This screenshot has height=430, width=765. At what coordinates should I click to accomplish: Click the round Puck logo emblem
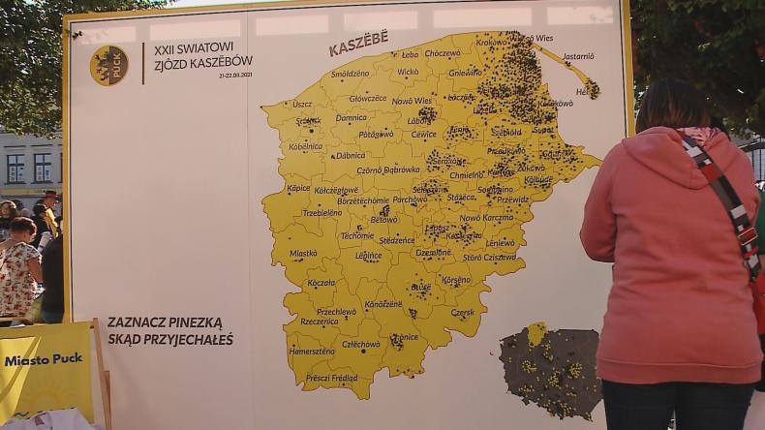coord(108,65)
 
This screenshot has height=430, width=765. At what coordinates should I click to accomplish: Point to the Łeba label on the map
coord(410,54)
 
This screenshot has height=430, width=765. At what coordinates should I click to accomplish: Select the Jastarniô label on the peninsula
coord(578,56)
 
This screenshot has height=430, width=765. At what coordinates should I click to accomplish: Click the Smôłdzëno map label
coord(350,73)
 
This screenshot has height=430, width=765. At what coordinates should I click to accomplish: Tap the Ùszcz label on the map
coord(302,104)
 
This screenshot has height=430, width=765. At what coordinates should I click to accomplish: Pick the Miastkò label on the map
coord(303,253)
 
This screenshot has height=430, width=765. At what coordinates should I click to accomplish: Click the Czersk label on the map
coord(463,313)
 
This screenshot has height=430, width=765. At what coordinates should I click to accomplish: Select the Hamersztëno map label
coord(311,352)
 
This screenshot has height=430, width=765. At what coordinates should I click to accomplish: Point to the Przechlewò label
coord(336,312)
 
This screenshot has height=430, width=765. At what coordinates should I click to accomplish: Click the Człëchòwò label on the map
coord(361,344)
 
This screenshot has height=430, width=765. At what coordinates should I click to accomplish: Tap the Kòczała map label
coord(321,283)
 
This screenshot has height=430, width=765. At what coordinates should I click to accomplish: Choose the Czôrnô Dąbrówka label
coord(388,169)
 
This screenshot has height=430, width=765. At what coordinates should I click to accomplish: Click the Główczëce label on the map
coord(368,98)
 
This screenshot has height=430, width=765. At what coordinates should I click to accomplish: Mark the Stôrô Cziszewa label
coord(489,258)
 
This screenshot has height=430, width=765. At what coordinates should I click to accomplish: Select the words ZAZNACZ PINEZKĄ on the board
coord(165,322)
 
